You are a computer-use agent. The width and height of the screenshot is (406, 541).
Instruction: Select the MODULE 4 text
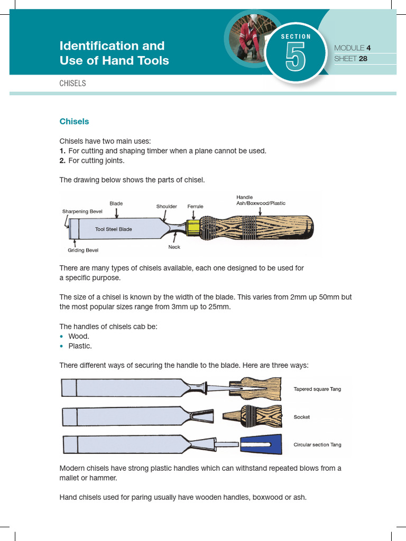[x=352, y=48]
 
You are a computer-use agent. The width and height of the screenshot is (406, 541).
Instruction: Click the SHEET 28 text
[x=350, y=59]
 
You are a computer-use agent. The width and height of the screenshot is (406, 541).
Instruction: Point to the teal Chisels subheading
[x=74, y=122]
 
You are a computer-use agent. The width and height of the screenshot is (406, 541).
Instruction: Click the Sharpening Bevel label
[x=82, y=211]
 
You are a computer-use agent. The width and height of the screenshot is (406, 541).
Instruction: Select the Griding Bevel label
[x=83, y=250]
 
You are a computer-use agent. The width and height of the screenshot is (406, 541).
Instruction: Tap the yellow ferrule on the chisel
[x=194, y=228]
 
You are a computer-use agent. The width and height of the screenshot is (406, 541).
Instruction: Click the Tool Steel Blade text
[x=114, y=229]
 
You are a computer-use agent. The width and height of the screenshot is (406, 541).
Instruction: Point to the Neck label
[x=174, y=247]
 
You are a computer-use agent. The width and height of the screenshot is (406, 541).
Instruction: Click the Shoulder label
[x=167, y=207]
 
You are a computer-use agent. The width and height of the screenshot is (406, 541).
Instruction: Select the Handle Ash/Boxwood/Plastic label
[x=261, y=200]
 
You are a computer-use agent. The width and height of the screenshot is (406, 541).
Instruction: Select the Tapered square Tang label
[x=317, y=389]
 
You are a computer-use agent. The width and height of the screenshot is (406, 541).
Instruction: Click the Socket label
[x=301, y=417]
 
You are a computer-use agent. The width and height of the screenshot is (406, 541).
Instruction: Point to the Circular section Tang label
[x=317, y=445]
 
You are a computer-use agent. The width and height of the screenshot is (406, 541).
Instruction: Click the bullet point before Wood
[x=62, y=337]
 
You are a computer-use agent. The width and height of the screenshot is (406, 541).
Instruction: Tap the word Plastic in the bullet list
[x=80, y=346]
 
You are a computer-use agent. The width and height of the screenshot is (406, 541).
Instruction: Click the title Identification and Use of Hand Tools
[x=114, y=53]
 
